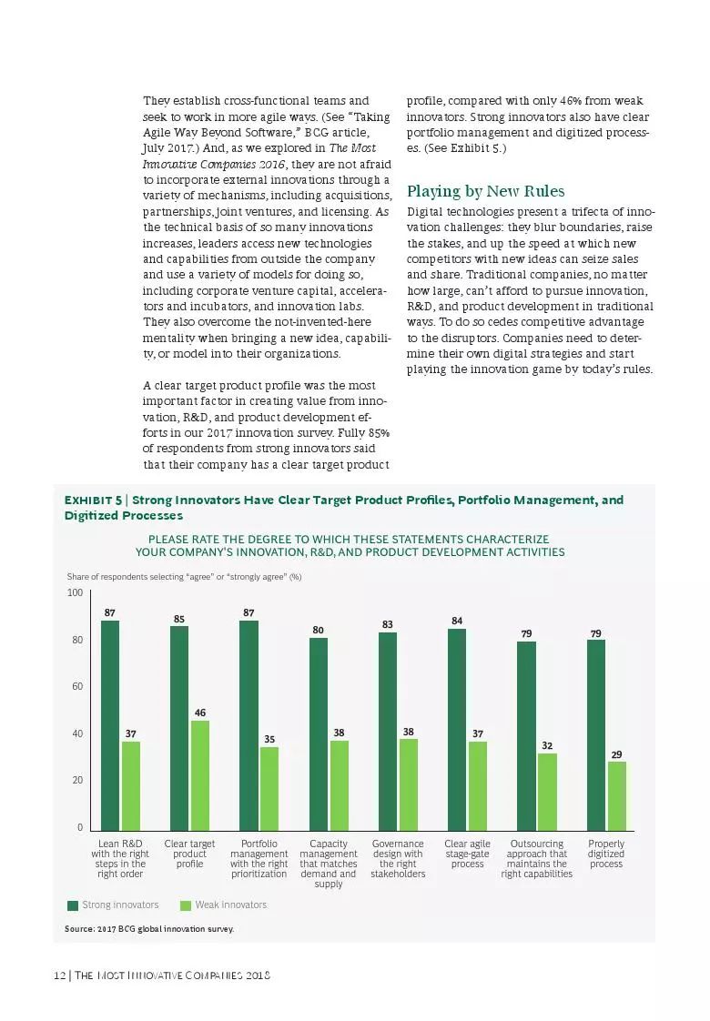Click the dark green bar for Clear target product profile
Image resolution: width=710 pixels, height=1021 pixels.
click(x=179, y=728)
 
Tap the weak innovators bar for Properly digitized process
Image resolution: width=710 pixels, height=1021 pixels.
click(x=617, y=795)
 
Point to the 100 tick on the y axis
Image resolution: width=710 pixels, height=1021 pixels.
click(x=75, y=593)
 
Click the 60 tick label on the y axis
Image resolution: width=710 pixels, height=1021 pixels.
click(x=76, y=687)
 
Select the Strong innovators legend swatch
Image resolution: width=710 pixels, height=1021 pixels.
click(x=73, y=905)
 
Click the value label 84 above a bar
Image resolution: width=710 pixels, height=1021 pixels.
click(x=457, y=621)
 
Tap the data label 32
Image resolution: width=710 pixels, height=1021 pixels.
click(x=547, y=745)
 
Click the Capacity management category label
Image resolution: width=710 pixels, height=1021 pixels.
click(x=329, y=864)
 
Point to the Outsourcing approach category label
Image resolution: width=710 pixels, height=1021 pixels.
click(x=537, y=859)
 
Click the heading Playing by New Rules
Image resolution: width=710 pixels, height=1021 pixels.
click(x=485, y=191)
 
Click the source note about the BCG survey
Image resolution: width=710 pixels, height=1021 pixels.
click(x=149, y=929)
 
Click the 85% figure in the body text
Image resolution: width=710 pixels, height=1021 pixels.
click(x=379, y=431)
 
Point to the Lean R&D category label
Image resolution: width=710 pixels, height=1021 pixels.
click(x=120, y=859)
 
